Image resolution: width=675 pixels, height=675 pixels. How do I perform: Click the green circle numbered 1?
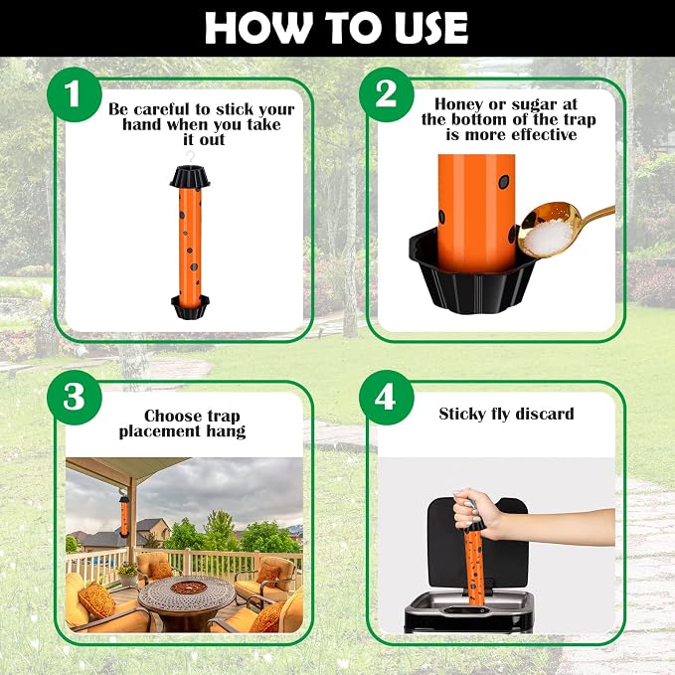pos(74,94)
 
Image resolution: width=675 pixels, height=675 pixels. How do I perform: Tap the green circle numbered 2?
pos(386,94)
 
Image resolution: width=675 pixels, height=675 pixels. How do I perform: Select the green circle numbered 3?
pos(74,398)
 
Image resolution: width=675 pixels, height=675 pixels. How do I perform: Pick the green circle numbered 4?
pos(386,398)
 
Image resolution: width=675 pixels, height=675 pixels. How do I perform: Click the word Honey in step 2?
pos(459,104)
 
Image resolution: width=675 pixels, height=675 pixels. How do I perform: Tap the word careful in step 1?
pos(162,109)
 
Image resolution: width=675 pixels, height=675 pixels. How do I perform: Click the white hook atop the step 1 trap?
pos(190,157)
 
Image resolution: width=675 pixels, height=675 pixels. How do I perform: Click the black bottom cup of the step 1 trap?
pos(190,307)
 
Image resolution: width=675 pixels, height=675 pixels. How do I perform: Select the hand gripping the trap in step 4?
pos(475,514)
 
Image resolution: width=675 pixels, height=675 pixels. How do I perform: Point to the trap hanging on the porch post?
pos(124,515)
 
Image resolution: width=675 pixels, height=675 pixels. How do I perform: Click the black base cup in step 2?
pos(472,273)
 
